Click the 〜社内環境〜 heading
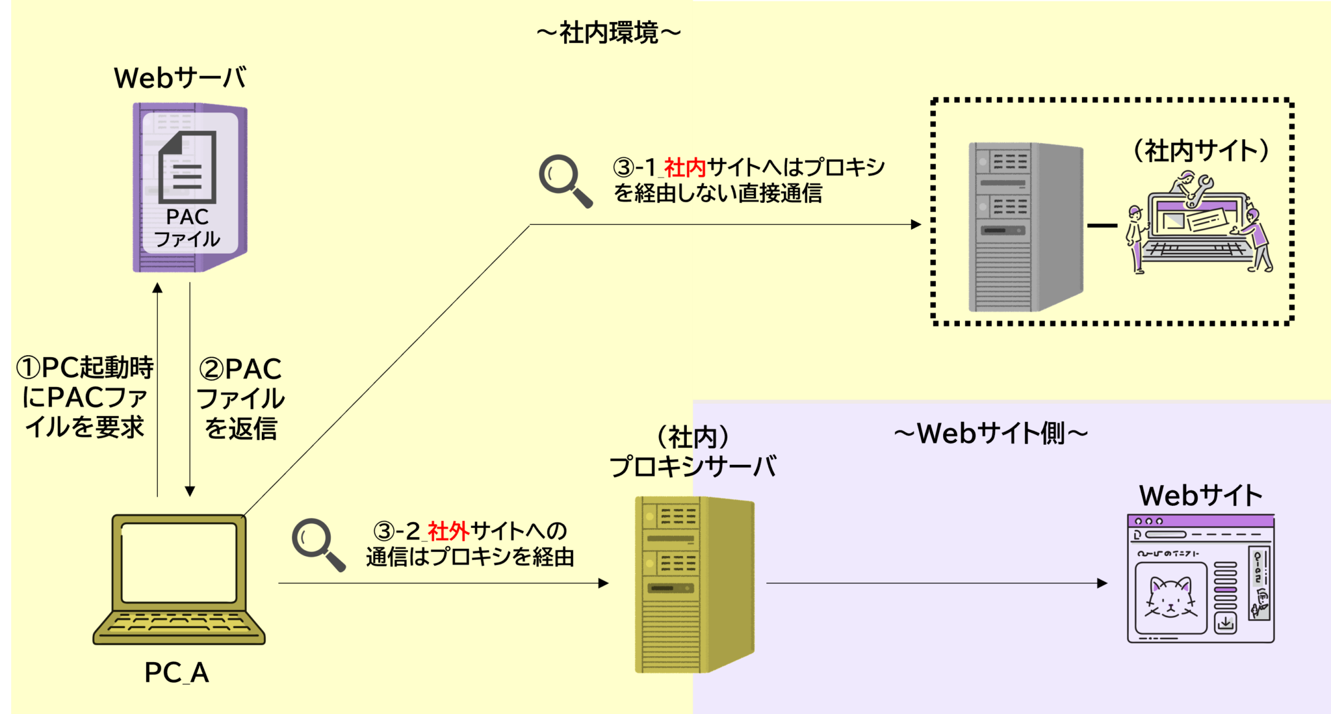pyautogui.click(x=609, y=33)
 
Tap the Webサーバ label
pyautogui.click(x=180, y=78)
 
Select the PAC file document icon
pyautogui.click(x=187, y=167)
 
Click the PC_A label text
pyautogui.click(x=177, y=672)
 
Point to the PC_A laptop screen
pyautogui.click(x=179, y=563)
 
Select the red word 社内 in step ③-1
pyautogui.click(x=684, y=168)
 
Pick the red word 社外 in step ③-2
pyautogui.click(x=448, y=531)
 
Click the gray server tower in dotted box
pyautogui.click(x=1026, y=227)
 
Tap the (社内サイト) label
pyautogui.click(x=1201, y=151)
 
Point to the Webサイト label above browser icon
pyautogui.click(x=1200, y=496)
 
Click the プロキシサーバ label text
pyautogui.click(x=693, y=466)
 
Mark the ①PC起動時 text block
pyautogui.click(x=84, y=397)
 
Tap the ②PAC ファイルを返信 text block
pyautogui.click(x=240, y=399)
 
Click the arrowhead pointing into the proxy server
pyautogui.click(x=604, y=583)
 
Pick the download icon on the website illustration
pyautogui.click(x=1225, y=623)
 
